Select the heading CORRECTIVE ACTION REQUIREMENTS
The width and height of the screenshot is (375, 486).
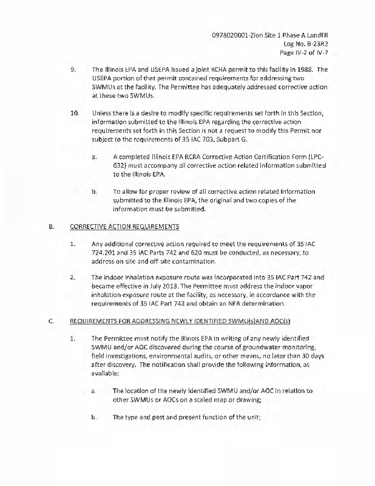tap(124, 227)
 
